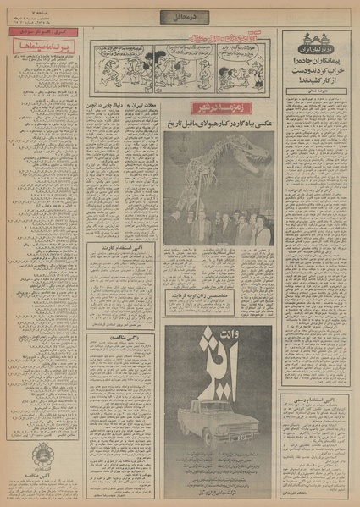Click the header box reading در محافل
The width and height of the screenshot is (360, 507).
click(x=180, y=16)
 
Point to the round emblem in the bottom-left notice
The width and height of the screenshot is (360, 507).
click(x=43, y=458)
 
